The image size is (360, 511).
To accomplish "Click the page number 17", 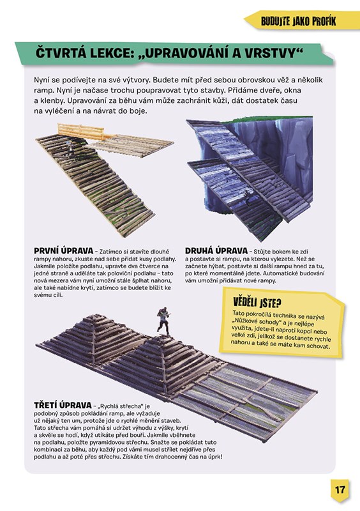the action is [x=340, y=489].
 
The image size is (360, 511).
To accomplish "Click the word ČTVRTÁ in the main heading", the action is [x=59, y=54].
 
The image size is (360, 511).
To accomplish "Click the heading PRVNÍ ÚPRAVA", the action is [x=64, y=251].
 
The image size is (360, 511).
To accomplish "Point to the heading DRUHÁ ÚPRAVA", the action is [x=216, y=251].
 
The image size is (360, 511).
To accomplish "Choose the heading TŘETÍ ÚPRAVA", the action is [x=63, y=405].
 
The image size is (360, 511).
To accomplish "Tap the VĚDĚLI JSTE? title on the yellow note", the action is [x=257, y=303].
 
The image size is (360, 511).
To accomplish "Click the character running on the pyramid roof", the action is [x=163, y=321].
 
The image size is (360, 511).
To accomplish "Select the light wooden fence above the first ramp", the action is [x=81, y=132].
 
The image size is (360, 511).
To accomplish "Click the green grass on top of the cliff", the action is [x=267, y=120].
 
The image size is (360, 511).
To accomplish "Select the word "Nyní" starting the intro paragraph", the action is [x=41, y=80].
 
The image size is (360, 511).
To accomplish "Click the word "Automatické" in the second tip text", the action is [x=286, y=274].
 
